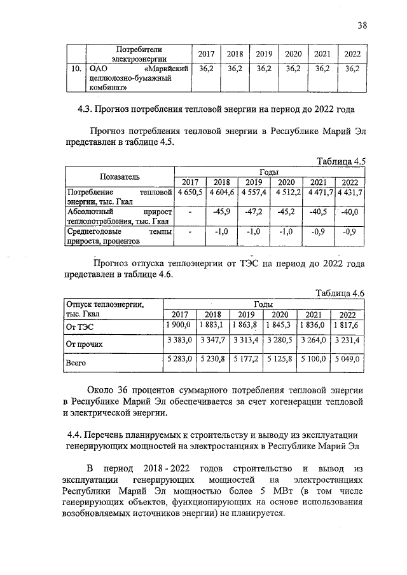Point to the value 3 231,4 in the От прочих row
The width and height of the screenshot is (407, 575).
point(347,341)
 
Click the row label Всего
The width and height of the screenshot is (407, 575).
point(76,363)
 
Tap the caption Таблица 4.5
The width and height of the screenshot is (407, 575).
point(342,161)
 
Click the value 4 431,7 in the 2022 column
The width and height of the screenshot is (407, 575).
point(350,192)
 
